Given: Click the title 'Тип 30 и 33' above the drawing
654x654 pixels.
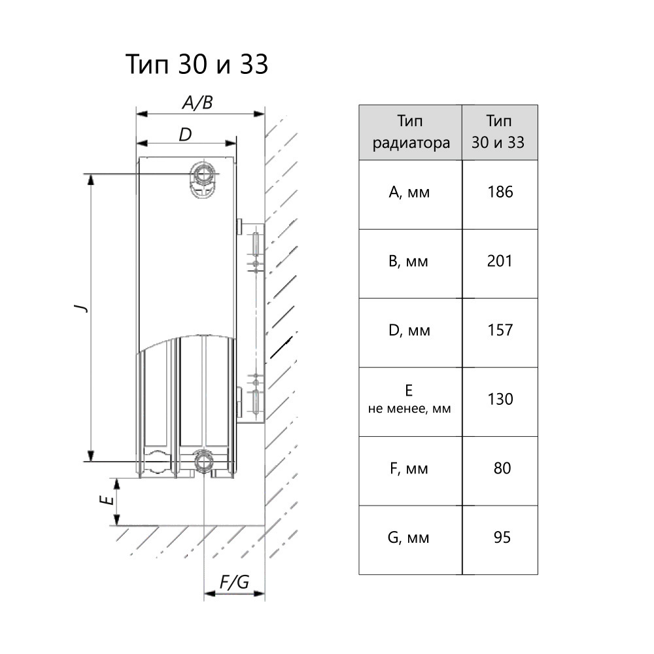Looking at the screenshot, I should pos(197,65).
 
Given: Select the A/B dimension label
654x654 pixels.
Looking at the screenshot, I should pos(197,103).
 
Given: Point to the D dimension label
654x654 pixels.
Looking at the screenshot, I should pos(185,135).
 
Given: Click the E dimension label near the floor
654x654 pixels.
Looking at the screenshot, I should pos(103,502).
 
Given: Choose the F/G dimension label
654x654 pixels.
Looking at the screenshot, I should pos(234,582).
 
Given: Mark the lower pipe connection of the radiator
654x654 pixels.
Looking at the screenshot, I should pos(204,462).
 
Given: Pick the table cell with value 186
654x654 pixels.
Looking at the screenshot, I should pos(500,192).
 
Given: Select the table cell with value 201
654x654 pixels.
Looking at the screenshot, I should pos(500,262).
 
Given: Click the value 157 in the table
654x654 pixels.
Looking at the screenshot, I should pos(500,330).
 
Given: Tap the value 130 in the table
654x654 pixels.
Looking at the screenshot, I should pos(500,399).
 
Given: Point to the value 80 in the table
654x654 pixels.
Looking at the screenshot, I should pos(502,468).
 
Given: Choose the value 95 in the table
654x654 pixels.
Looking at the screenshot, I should pos(502,538).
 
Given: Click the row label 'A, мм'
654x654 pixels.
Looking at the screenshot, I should pos(409,192).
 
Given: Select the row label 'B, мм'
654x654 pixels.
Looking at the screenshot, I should pos(409,262).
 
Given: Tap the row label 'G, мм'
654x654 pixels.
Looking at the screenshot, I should pos(409,538).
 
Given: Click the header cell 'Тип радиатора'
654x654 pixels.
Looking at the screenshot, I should pos(411,132).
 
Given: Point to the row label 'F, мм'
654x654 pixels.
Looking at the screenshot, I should pos(409,469).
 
